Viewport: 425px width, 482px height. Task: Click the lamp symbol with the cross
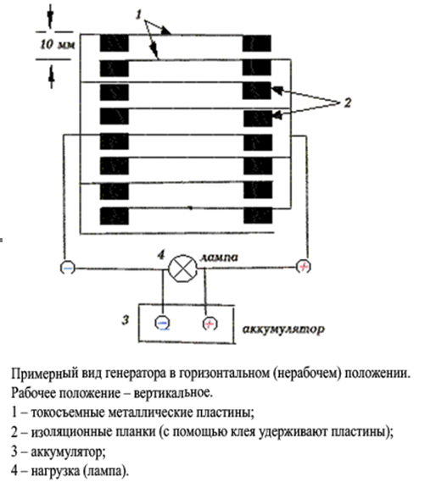click(182, 269)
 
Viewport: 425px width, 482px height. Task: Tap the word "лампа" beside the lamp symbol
click(219, 258)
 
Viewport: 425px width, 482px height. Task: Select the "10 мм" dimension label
click(58, 45)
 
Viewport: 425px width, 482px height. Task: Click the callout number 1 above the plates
click(139, 14)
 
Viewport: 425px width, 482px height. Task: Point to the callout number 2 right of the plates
click(348, 102)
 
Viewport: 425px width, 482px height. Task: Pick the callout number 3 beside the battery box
click(125, 320)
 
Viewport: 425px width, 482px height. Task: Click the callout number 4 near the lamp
click(160, 255)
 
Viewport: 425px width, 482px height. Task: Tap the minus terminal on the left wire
click(67, 268)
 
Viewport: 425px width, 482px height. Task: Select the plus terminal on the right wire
click(304, 267)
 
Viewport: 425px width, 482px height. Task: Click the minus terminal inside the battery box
click(162, 323)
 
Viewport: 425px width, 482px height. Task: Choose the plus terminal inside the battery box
click(210, 324)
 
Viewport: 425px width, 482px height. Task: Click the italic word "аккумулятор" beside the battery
click(283, 330)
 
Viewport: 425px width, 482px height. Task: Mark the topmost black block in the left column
click(115, 43)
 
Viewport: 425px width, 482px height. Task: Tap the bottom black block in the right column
click(258, 215)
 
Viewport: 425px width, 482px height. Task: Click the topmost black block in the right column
click(257, 43)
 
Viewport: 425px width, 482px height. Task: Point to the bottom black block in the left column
click(115, 216)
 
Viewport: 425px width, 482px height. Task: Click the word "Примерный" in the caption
click(44, 374)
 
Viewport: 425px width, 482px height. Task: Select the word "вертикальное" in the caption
click(173, 393)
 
